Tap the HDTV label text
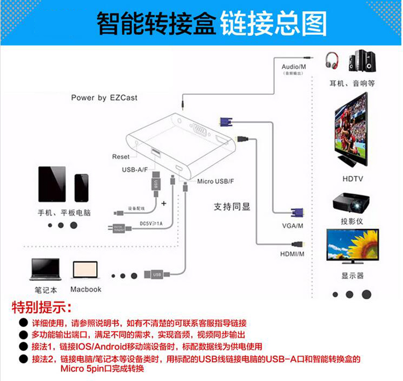[352, 178]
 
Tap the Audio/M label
[294, 67]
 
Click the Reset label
[121, 157]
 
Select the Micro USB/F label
[215, 181]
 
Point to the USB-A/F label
[135, 170]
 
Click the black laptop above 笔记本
[45, 269]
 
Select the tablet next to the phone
[52, 184]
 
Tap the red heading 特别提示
[41, 308]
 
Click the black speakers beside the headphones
[362, 61]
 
